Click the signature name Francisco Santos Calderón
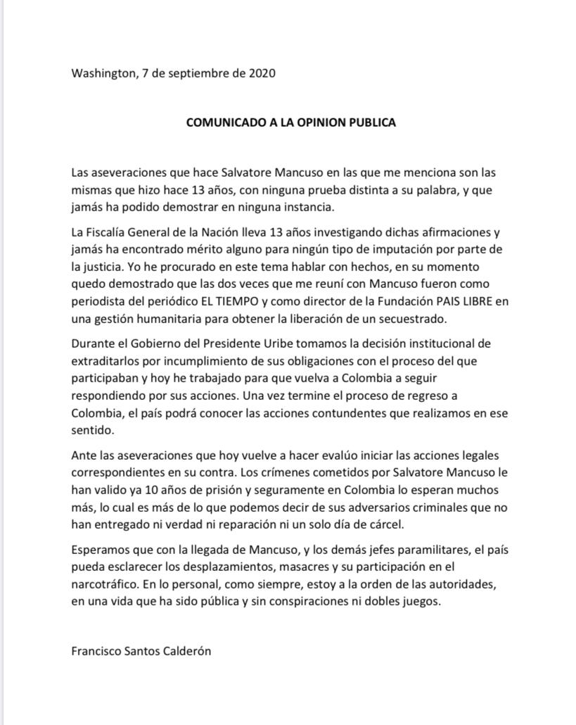pos(141,651)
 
